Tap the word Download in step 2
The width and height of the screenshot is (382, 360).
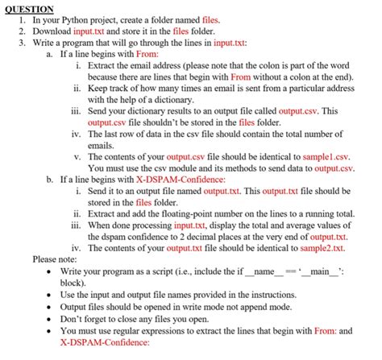[x=52, y=30]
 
